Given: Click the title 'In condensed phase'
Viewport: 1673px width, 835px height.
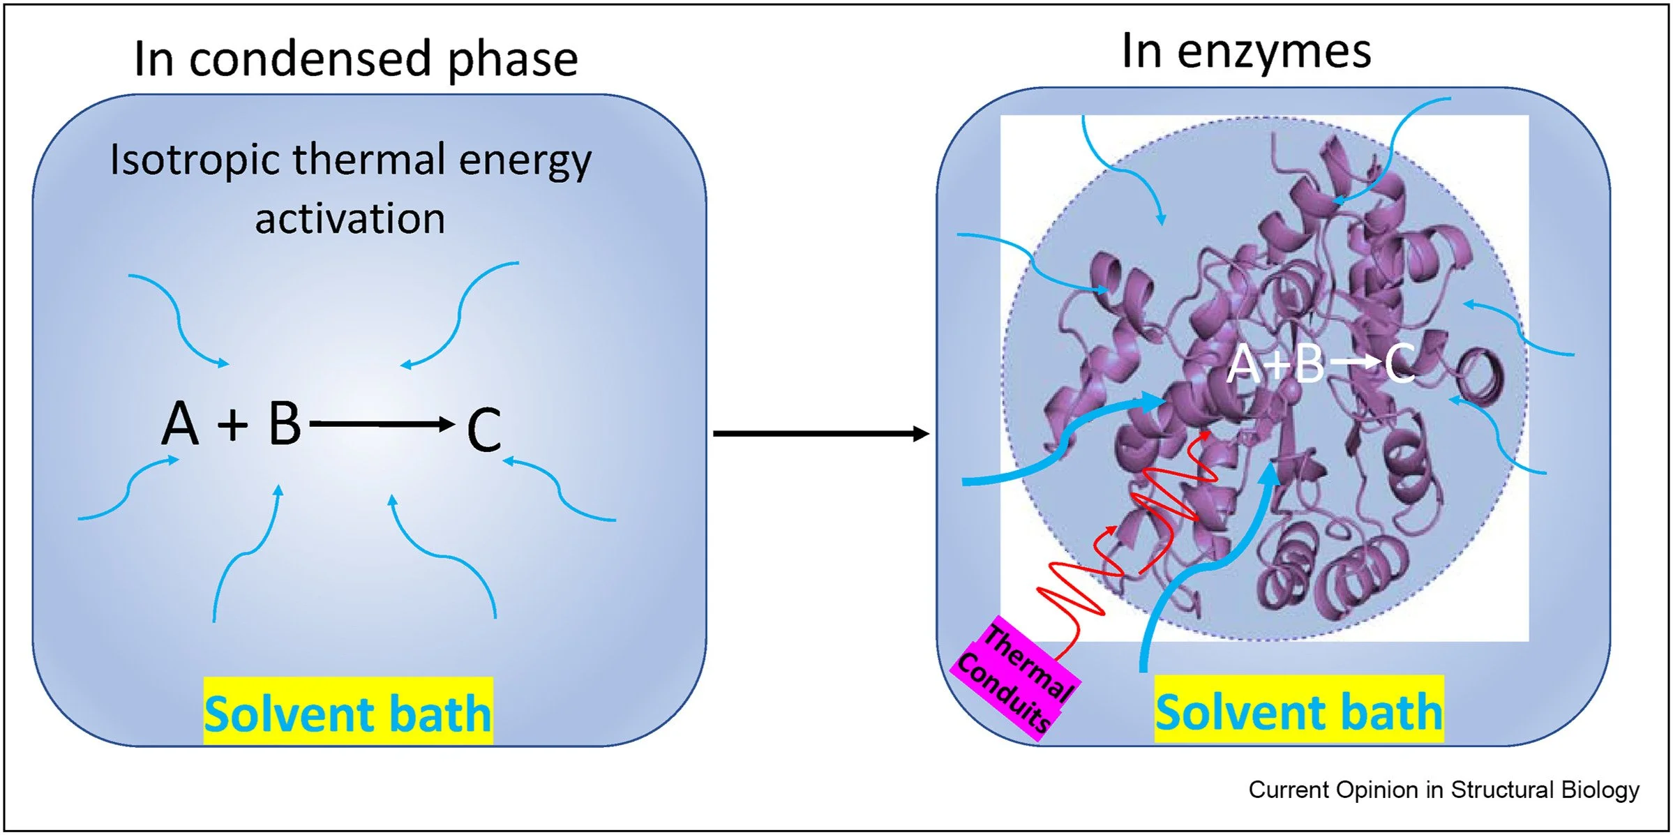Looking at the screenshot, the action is (356, 59).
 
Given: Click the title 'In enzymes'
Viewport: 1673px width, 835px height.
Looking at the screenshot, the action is (1246, 52).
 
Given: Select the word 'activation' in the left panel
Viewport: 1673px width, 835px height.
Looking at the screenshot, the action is (350, 219).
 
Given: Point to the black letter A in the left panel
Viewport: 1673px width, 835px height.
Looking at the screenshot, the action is (180, 423).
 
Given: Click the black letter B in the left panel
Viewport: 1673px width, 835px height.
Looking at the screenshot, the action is (285, 423).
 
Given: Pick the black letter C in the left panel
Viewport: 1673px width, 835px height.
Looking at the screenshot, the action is (483, 429).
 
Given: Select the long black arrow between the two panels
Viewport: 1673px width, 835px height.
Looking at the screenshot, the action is (820, 434).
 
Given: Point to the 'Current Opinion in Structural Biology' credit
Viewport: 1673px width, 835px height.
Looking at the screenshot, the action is (1443, 790).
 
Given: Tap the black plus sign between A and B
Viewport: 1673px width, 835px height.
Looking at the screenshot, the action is (233, 424).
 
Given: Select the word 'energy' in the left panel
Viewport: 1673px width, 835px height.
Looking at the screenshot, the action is (525, 161).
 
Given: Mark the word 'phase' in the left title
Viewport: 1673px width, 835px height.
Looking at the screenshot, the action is (513, 60).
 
